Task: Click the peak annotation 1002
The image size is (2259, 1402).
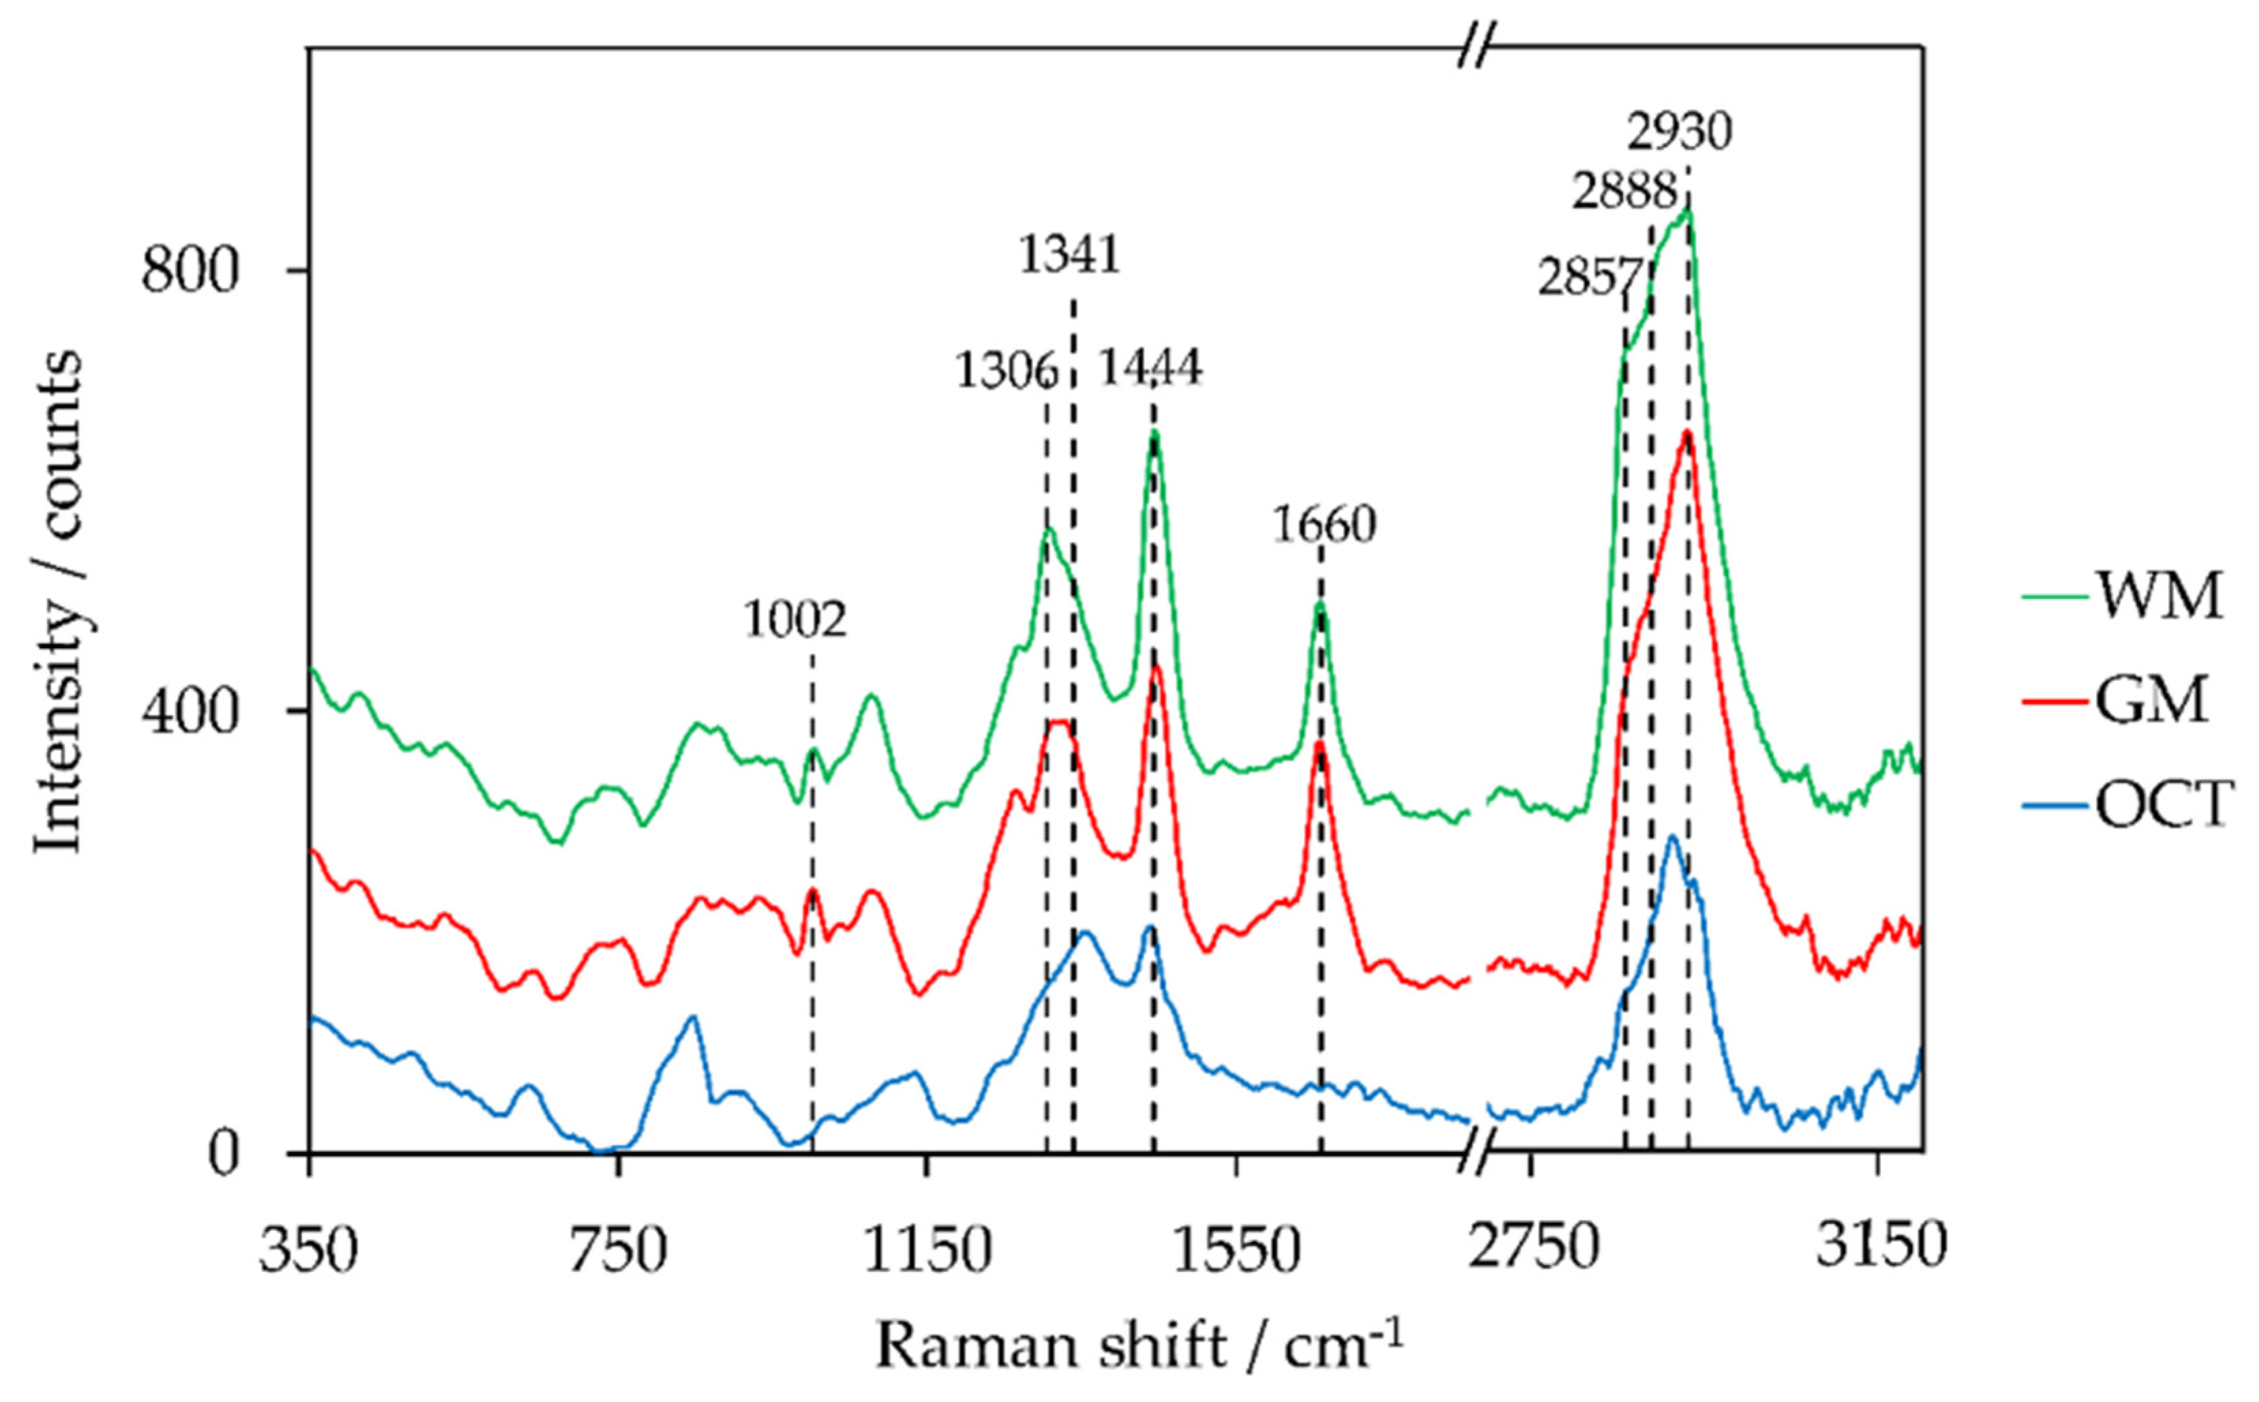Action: (x=795, y=620)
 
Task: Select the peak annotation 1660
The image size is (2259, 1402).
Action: (x=1323, y=525)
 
